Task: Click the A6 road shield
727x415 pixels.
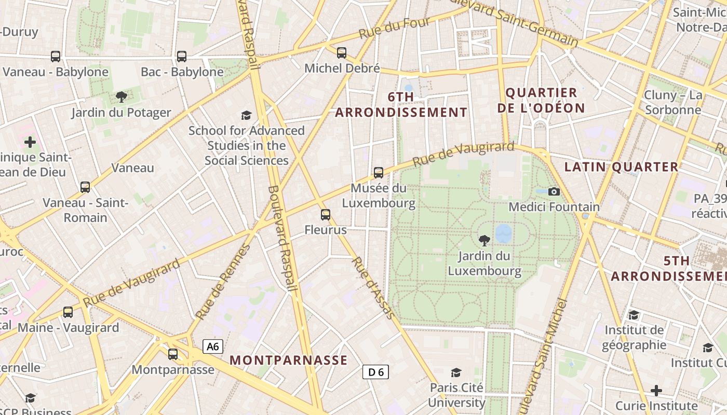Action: tap(213, 347)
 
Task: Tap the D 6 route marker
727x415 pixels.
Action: tap(375, 371)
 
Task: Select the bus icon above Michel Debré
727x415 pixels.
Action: tap(341, 52)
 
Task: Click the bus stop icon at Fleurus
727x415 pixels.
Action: tap(326, 214)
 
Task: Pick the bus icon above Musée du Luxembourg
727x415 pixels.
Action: tap(379, 172)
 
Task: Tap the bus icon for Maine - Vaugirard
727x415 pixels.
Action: tap(68, 312)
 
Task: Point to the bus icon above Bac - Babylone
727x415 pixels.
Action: tap(182, 56)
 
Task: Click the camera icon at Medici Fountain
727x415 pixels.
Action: tap(554, 191)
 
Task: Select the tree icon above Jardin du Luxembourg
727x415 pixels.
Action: tap(484, 240)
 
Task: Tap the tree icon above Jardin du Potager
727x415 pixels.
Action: tap(121, 96)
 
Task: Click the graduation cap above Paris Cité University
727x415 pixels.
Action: tap(456, 372)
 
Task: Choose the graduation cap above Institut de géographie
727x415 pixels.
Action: tap(634, 315)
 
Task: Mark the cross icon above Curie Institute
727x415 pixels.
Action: tap(656, 390)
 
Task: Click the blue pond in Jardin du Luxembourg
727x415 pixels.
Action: tap(503, 233)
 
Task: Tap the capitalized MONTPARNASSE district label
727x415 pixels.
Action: tap(288, 360)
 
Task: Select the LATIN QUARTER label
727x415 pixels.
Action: tap(621, 167)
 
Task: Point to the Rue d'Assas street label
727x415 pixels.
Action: tap(373, 287)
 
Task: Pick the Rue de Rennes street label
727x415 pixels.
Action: tap(223, 282)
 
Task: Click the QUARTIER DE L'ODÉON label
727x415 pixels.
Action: tap(541, 100)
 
